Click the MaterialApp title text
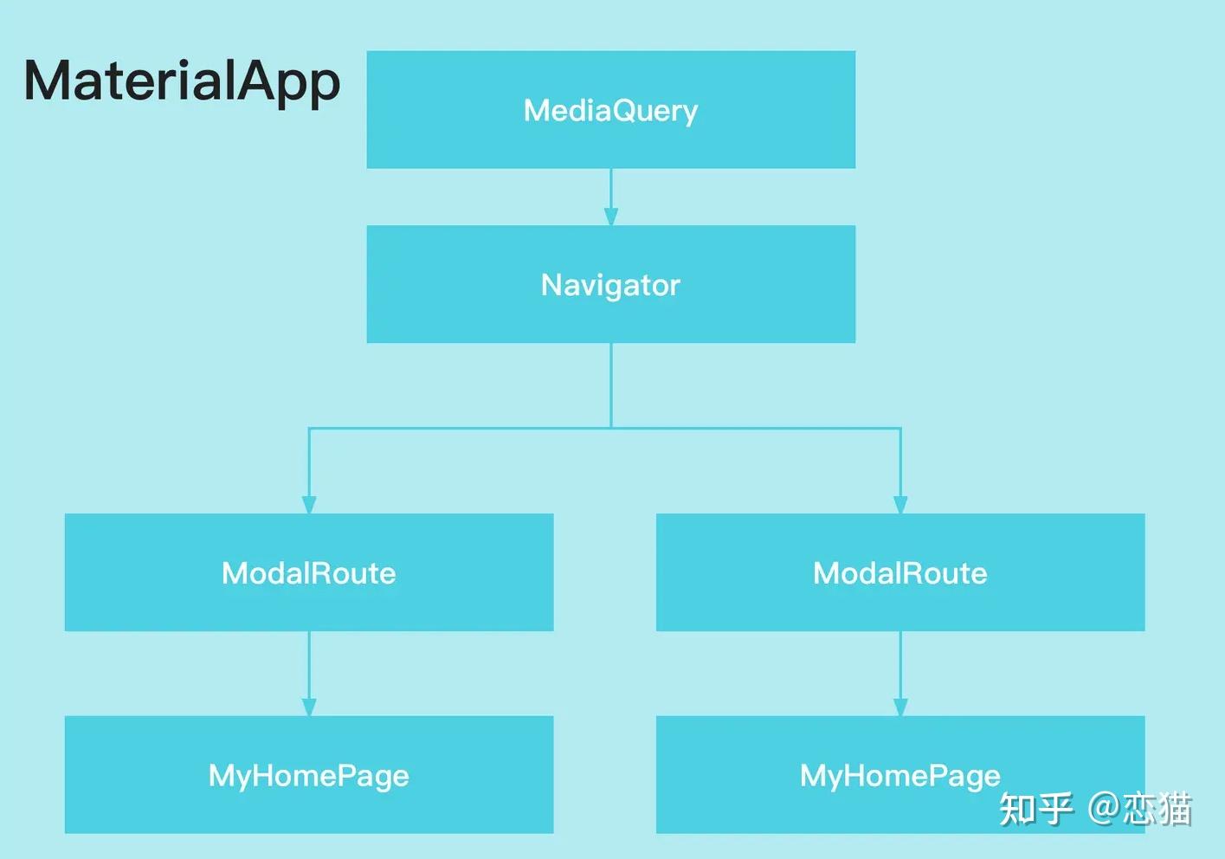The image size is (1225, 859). point(182,82)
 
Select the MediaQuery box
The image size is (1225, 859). point(611,109)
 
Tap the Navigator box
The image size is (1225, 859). point(611,284)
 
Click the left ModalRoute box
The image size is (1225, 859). point(309,572)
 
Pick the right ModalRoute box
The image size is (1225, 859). point(900,572)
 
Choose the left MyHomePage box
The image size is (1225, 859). point(309,775)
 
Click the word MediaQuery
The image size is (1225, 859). point(611,112)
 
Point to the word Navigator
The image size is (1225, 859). point(611,286)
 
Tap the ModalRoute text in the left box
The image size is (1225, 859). point(309,573)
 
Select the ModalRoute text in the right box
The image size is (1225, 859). point(900,573)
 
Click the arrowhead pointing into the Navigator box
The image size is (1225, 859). point(611,216)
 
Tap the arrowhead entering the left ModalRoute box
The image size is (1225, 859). point(309,505)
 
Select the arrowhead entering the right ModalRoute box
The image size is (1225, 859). point(900,505)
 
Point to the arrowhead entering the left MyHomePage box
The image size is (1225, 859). point(309,707)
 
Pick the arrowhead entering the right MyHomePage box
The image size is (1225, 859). point(900,707)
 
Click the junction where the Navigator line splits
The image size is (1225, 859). point(611,428)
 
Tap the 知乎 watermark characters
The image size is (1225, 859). point(1035,809)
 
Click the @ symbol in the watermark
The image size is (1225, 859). point(1104,809)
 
